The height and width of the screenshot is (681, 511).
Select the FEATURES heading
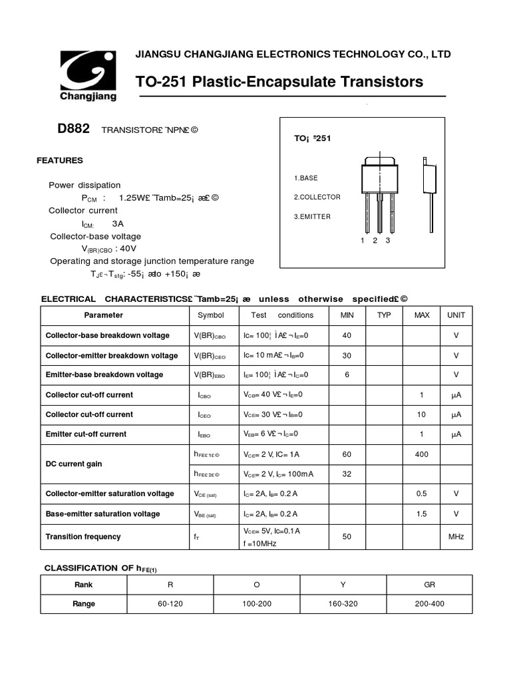tap(60, 160)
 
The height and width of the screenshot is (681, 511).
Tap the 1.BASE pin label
tap(306, 178)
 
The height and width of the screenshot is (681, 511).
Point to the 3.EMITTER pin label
tap(312, 217)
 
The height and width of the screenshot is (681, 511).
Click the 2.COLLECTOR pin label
tap(317, 198)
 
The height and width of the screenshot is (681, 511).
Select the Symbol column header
tap(211, 315)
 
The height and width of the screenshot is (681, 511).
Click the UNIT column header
tap(456, 315)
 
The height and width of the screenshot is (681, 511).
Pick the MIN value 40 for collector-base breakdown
tap(347, 336)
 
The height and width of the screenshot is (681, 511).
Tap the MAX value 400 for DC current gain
tap(421, 454)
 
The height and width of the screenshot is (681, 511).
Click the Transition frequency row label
tap(83, 537)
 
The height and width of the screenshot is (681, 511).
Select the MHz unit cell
tap(456, 537)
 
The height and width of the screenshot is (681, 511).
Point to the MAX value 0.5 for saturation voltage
tap(421, 494)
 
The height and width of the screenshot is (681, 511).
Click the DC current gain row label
tap(74, 464)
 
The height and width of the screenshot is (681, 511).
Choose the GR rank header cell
tap(429, 585)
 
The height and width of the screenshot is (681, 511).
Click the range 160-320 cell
tap(343, 604)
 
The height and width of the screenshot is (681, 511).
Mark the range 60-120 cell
tap(170, 604)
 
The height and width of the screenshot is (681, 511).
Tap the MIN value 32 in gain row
tap(347, 474)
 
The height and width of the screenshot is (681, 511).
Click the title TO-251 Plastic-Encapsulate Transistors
tap(279, 82)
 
